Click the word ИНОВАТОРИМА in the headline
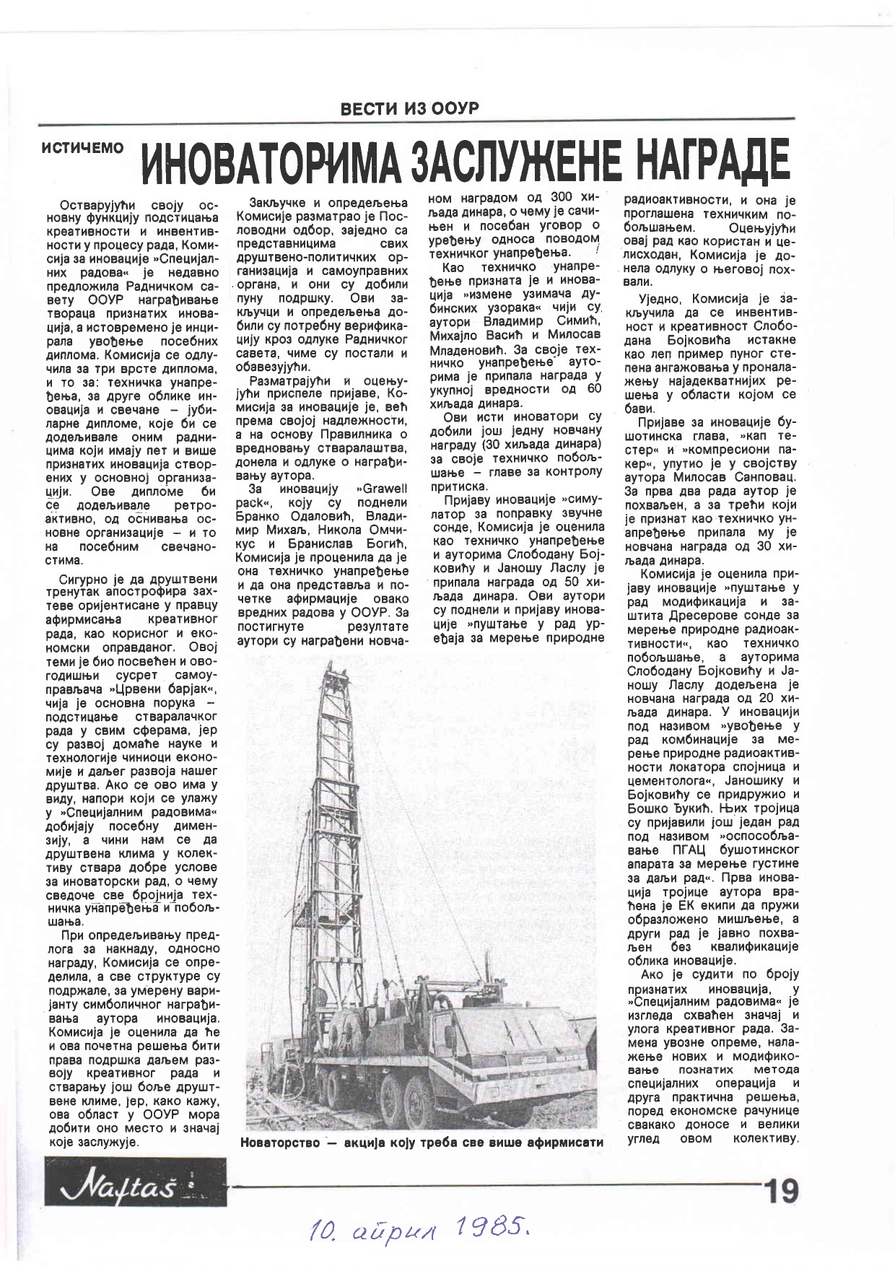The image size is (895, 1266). pos(274,161)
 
